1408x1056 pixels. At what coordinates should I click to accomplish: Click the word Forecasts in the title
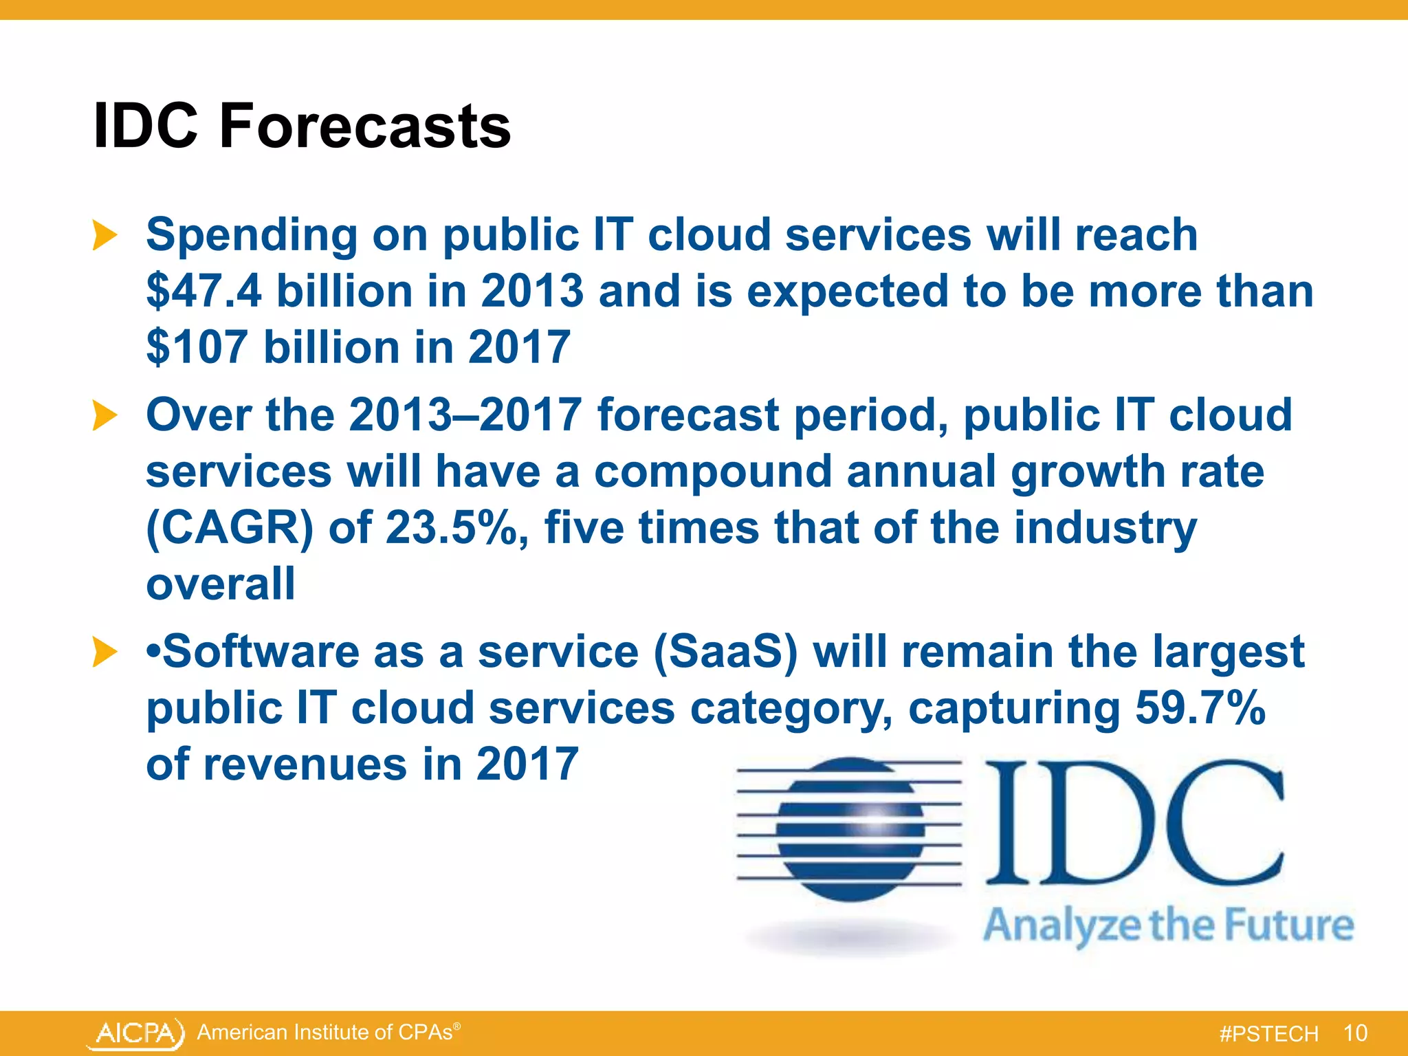(364, 126)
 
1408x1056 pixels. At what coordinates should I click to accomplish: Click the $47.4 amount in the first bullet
(203, 291)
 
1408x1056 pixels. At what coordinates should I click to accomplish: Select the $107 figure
(197, 347)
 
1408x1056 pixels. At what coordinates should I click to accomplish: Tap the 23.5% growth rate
(456, 528)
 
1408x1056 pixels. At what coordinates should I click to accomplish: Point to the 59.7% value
(1200, 707)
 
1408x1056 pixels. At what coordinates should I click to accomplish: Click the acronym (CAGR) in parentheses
(230, 528)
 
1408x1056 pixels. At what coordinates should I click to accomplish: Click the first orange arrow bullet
(104, 235)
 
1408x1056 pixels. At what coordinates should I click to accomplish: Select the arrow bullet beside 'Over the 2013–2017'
(104, 416)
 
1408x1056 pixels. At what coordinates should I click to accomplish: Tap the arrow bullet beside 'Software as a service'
(104, 652)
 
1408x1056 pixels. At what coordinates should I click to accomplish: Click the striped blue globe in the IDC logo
(850, 829)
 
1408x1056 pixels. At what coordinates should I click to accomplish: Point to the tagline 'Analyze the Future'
(1168, 925)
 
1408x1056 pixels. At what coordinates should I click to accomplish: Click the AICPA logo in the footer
(136, 1033)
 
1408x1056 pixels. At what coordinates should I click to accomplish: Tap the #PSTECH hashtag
(1268, 1034)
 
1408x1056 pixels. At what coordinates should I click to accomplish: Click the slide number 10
(1355, 1033)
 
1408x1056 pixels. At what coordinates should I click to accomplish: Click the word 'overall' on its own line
(221, 584)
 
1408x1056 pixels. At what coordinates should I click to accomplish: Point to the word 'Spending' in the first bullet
(251, 235)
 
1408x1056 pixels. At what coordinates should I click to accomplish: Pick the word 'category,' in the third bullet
(791, 708)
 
